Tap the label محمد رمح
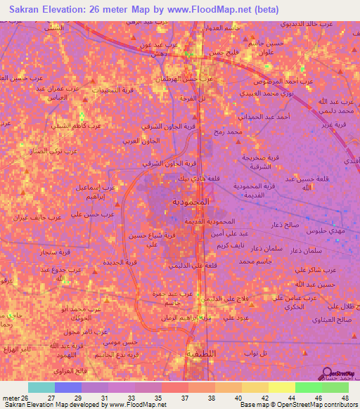[230, 131]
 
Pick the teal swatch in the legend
[41, 387]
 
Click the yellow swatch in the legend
[281, 387]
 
